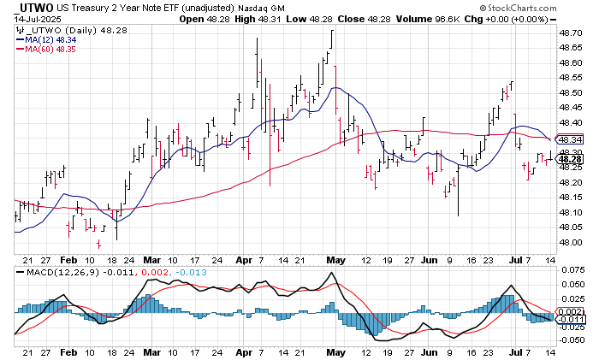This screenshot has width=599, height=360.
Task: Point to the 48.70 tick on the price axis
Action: coord(571,32)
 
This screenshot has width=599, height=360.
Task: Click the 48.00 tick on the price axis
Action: coord(571,242)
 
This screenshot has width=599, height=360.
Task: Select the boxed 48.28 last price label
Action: coord(571,158)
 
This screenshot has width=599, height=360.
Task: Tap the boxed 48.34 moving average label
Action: coord(571,139)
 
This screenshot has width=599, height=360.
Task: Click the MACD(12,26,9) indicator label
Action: coord(55,271)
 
